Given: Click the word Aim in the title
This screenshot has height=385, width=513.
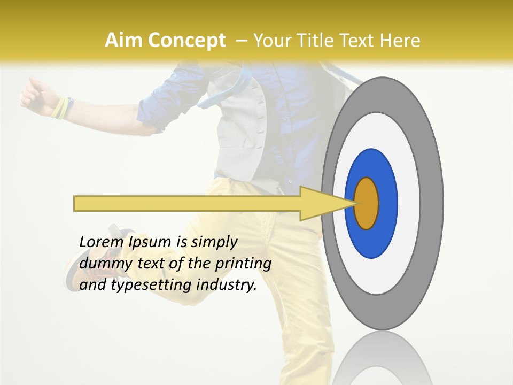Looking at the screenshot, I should (x=124, y=41).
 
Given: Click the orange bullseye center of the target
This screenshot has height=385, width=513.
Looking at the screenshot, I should (x=367, y=203).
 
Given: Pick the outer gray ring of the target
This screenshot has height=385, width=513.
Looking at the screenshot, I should (x=431, y=203).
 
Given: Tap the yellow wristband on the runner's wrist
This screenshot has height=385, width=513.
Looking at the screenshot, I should (x=60, y=106).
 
